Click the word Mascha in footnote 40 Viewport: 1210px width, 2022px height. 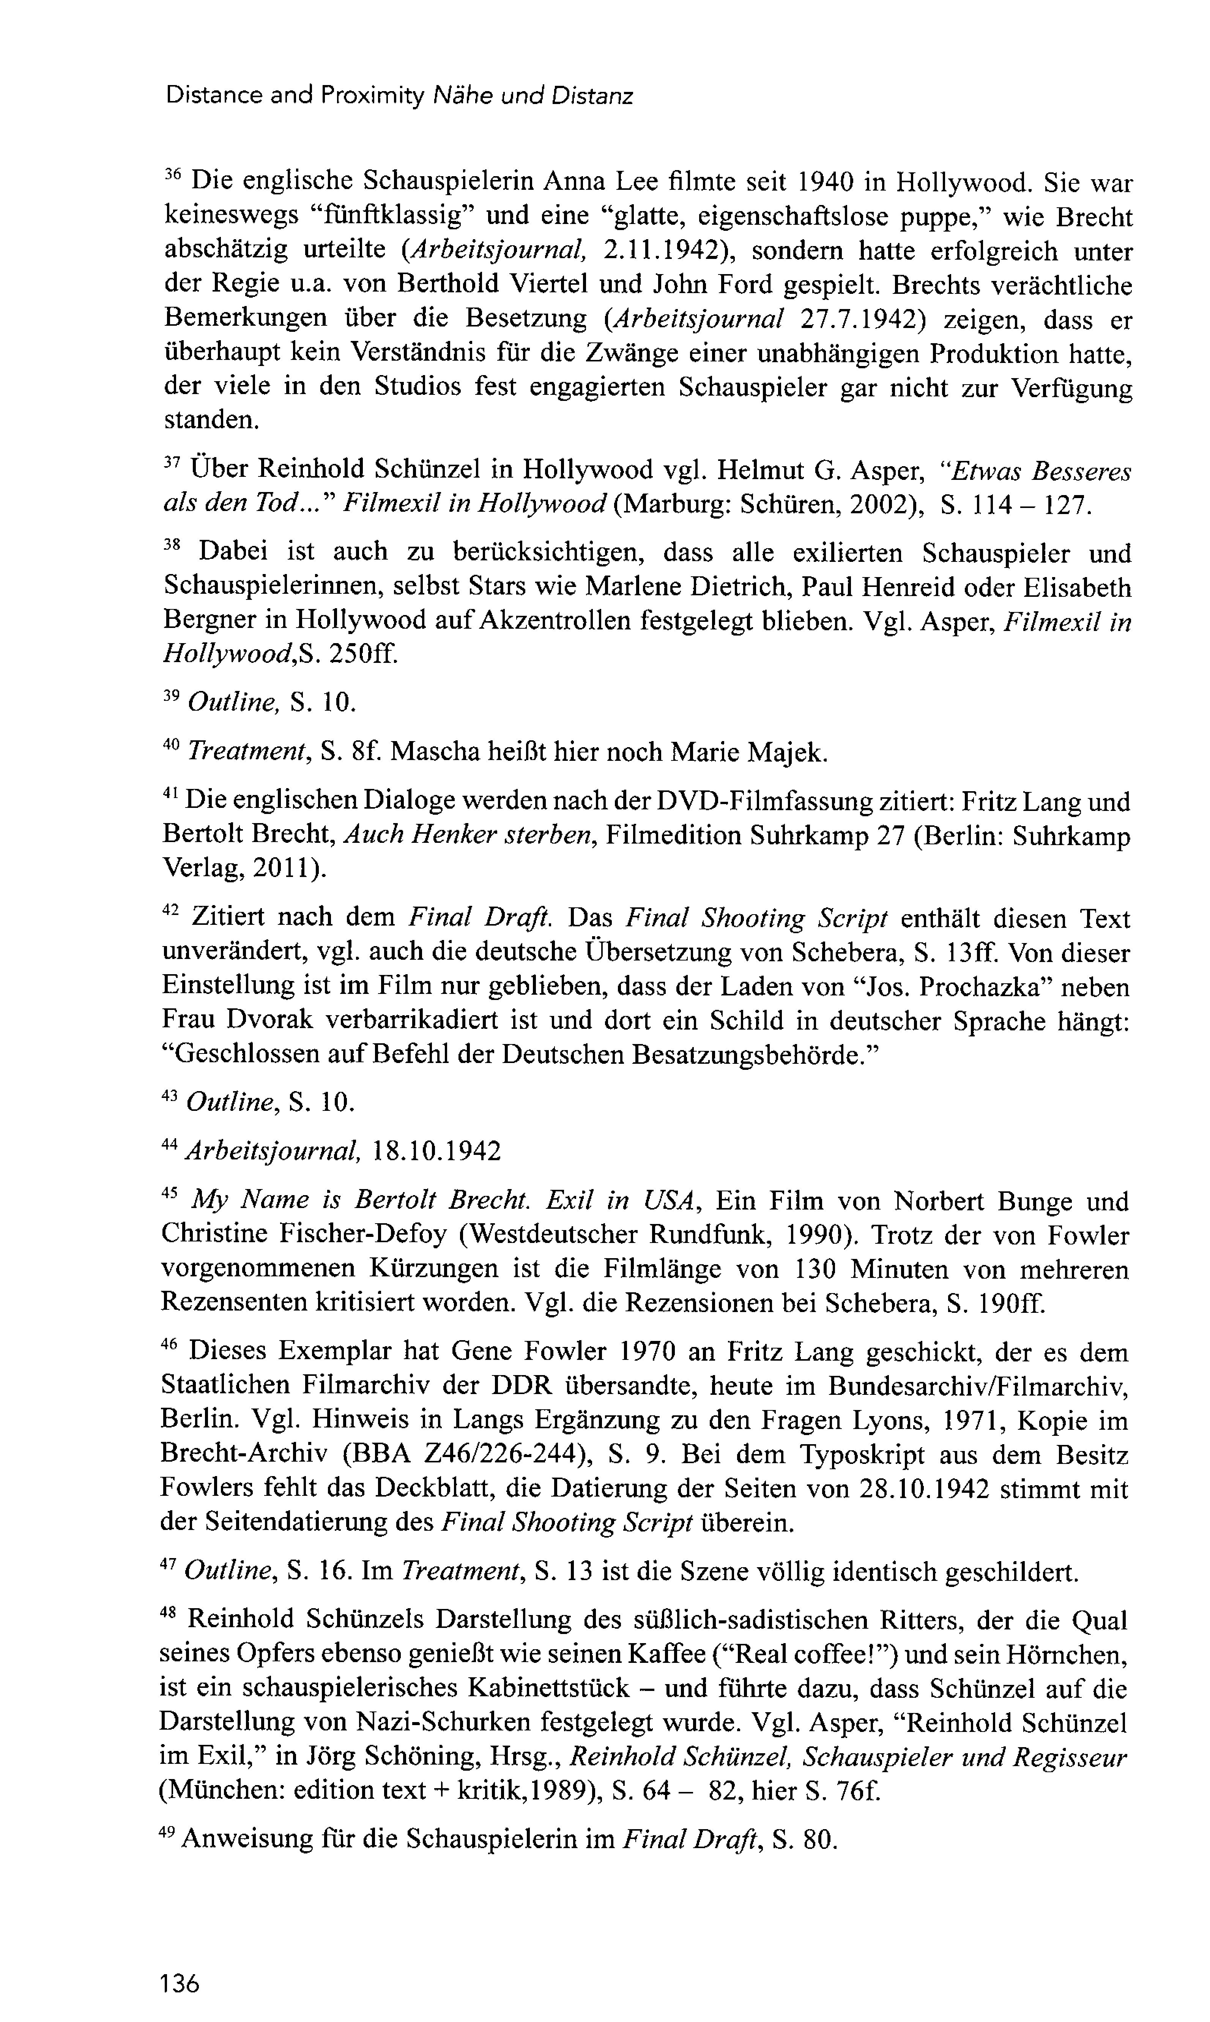[435, 751]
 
